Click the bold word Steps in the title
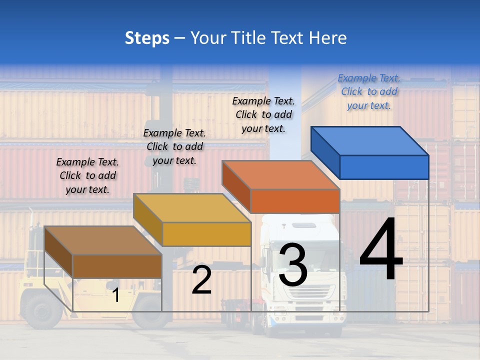coord(147,38)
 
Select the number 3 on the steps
coord(292,265)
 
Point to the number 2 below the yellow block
coord(201,280)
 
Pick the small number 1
coord(115,295)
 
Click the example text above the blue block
coord(369,92)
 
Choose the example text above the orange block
coord(263,114)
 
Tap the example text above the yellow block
coord(174,146)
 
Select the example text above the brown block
coord(87,175)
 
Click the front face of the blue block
coord(384,167)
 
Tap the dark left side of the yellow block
coord(148,220)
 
